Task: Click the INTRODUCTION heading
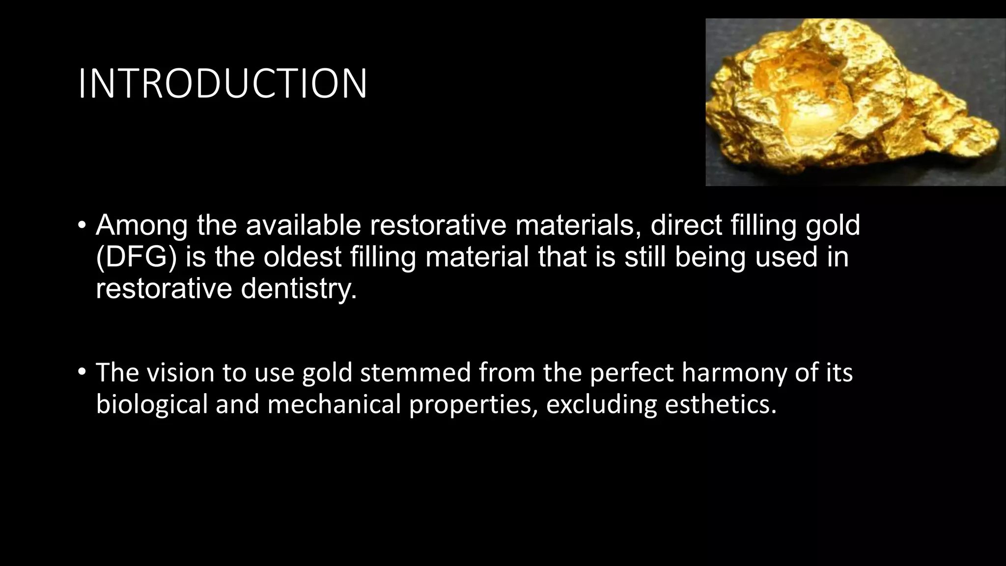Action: tap(223, 84)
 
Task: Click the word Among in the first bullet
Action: tap(141, 225)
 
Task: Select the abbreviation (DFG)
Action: tap(136, 257)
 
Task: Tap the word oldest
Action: tap(302, 257)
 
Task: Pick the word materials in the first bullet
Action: tap(577, 225)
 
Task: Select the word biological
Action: tap(152, 404)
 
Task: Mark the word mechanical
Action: tap(334, 404)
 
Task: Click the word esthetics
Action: tap(721, 404)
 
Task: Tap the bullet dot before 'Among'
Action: tap(82, 226)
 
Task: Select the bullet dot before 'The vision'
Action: tap(82, 373)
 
